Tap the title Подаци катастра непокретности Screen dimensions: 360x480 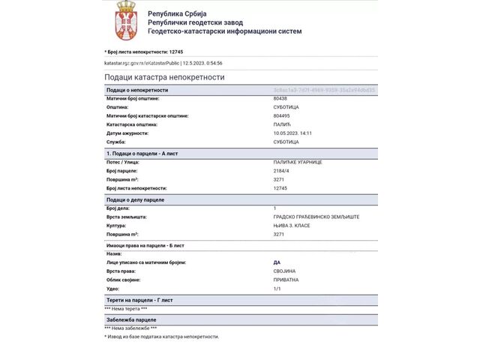pos(164,77)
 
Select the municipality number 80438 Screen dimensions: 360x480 pos(280,98)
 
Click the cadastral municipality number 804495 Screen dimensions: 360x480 pos(281,115)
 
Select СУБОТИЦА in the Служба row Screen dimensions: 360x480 pos(286,142)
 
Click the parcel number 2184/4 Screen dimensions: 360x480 pos(282,171)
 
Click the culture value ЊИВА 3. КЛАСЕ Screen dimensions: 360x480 pos(292,225)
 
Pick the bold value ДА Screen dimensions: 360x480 pos(277,262)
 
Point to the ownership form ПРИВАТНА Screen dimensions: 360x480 pos(286,280)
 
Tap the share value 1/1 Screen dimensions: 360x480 pos(277,288)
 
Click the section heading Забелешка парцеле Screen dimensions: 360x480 pos(131,319)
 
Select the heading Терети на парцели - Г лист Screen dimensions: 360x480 pos(139,300)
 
